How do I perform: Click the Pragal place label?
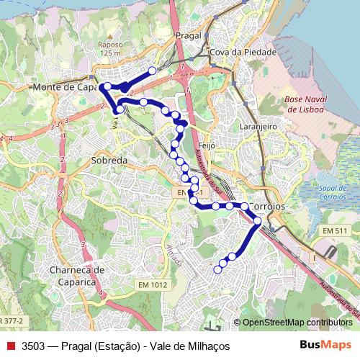click(186, 35)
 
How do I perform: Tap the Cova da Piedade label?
click(233, 53)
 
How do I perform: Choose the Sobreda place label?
click(109, 161)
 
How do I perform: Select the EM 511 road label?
click(335, 230)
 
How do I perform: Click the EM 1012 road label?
click(153, 285)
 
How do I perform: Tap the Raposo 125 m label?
click(110, 48)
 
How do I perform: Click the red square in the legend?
click(10, 346)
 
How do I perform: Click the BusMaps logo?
click(325, 345)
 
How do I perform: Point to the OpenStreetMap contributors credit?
click(297, 323)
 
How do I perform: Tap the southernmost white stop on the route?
click(218, 269)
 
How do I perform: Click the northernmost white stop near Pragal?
click(152, 71)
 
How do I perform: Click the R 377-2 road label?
click(12, 319)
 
